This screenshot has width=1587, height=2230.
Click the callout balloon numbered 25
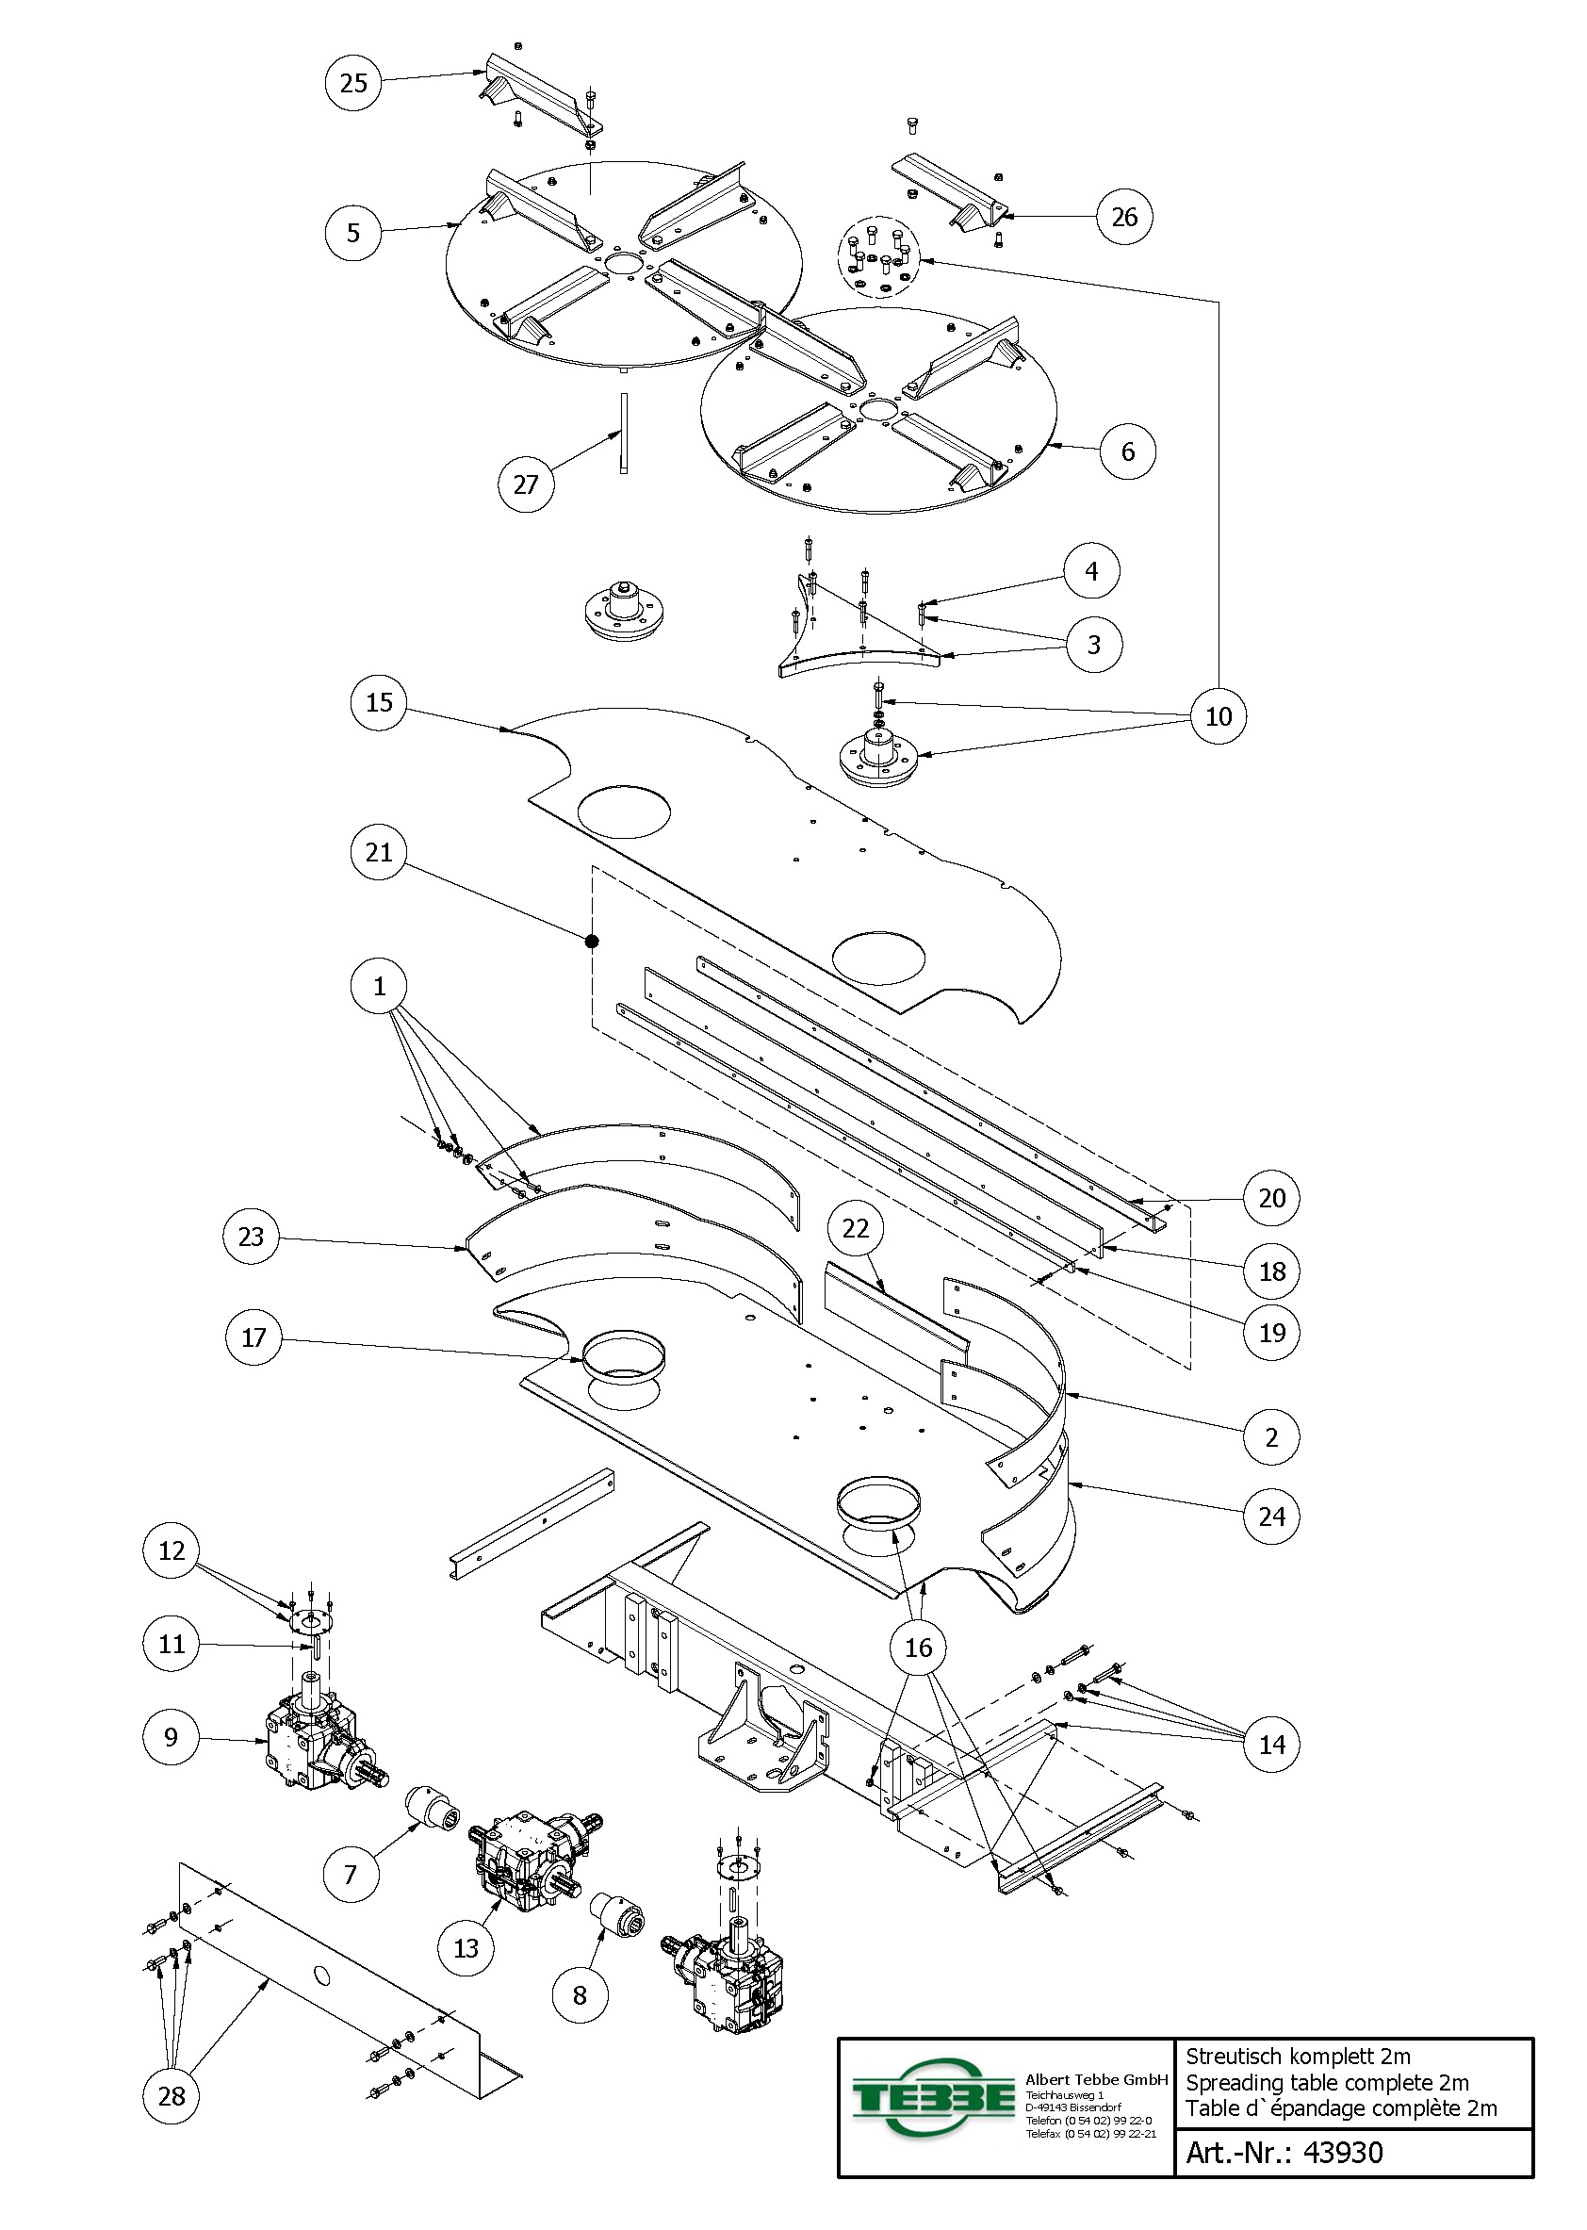click(x=352, y=82)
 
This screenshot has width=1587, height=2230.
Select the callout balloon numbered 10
click(x=1218, y=716)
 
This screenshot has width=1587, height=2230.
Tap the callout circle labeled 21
click(x=378, y=852)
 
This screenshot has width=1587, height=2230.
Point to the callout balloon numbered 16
click(x=918, y=1648)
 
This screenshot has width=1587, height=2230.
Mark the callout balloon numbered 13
click(x=466, y=1947)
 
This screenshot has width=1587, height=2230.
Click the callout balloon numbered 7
click(x=351, y=1875)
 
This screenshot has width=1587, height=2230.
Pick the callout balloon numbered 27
click(x=526, y=484)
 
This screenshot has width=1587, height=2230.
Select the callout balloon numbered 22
click(x=855, y=1228)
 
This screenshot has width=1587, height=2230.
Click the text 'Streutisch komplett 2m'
click(x=1298, y=2056)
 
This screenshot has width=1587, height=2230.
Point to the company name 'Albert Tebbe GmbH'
click(x=1096, y=2079)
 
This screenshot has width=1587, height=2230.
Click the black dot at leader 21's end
click(x=591, y=941)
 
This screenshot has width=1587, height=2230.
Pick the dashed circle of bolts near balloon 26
click(x=878, y=257)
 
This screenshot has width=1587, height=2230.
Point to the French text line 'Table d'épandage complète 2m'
click(x=1341, y=2107)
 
